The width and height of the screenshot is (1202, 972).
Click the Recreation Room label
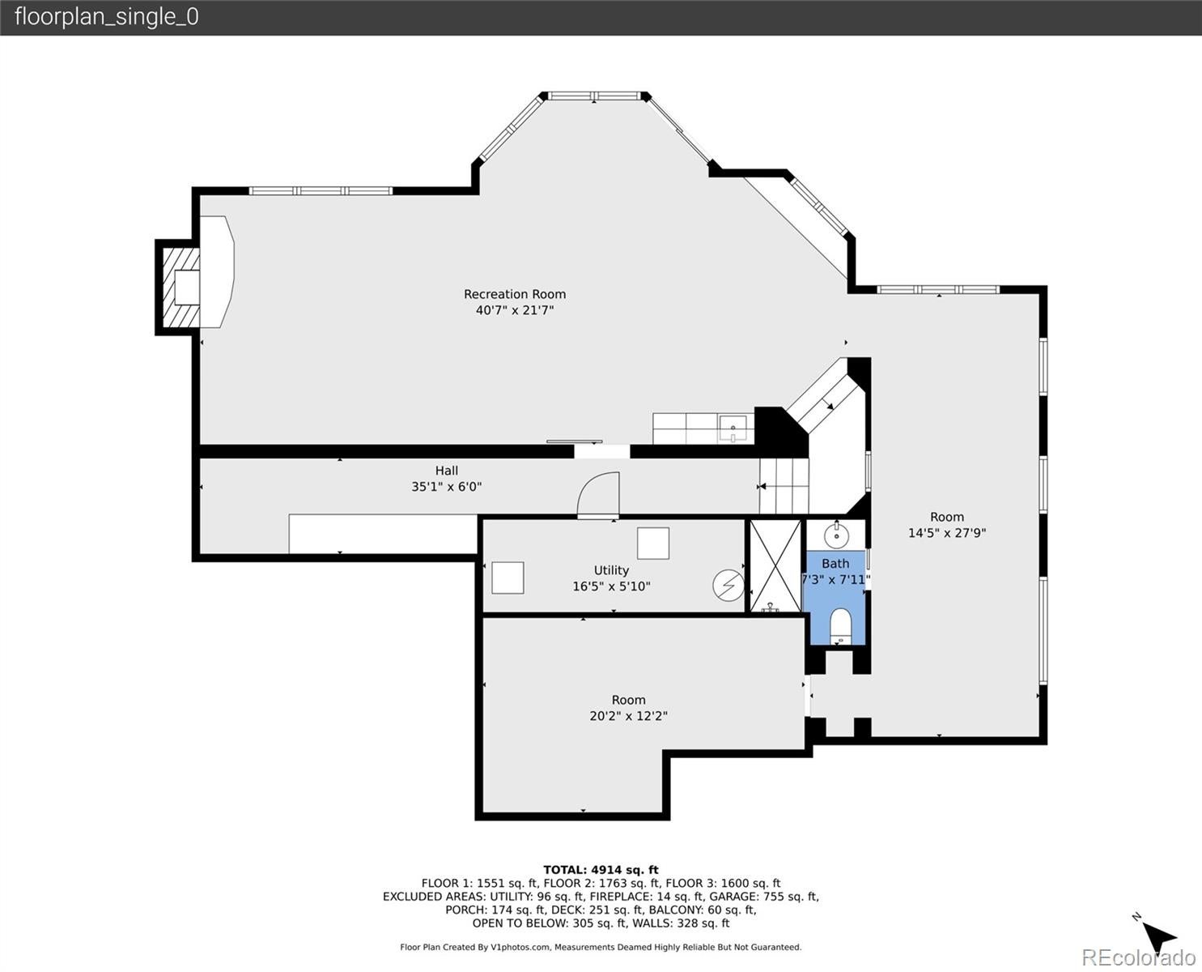click(x=514, y=294)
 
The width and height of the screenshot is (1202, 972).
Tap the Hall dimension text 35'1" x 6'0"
click(x=446, y=487)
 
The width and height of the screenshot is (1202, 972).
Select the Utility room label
click(x=611, y=570)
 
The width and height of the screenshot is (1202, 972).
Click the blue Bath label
click(x=835, y=564)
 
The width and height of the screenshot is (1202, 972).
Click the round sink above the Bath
click(x=836, y=535)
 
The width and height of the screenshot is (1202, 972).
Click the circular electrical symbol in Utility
click(x=728, y=585)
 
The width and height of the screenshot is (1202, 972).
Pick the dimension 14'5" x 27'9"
click(x=946, y=533)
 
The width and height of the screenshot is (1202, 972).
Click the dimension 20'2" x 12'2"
click(x=628, y=716)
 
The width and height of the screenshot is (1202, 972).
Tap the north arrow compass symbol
click(x=1159, y=936)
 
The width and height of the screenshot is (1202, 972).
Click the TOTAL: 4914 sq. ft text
click(x=601, y=870)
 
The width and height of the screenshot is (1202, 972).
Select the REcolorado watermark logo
click(x=1138, y=957)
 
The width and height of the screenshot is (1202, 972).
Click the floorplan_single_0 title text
click(x=106, y=17)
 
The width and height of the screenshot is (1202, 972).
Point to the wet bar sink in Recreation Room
click(x=733, y=427)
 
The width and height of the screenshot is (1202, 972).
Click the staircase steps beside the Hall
click(x=784, y=486)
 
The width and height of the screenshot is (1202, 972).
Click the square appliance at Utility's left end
click(x=508, y=578)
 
